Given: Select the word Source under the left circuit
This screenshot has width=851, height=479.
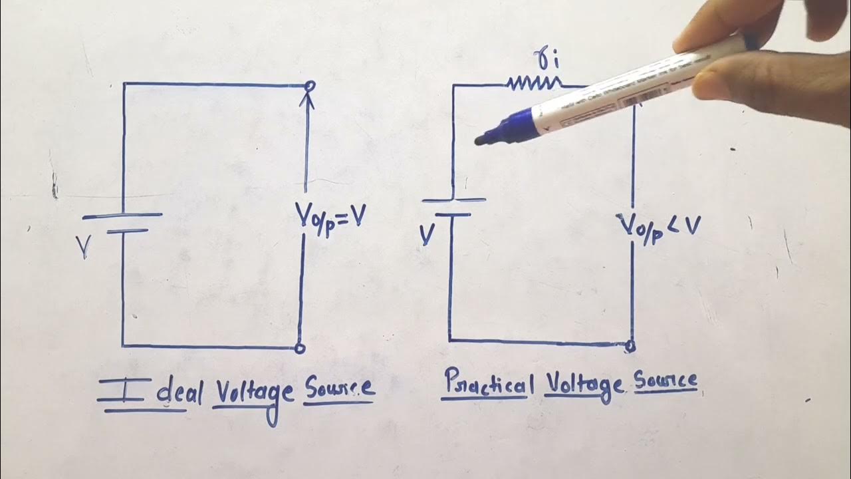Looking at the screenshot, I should pos(339,390).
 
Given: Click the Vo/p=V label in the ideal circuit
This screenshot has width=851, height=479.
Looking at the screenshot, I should pos(330,217).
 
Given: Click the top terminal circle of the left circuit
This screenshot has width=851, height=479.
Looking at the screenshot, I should pos(308,85).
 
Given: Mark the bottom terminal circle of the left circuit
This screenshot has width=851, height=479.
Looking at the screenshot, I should pos(300,347).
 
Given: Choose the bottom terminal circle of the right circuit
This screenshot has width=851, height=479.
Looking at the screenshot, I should pos(631,345).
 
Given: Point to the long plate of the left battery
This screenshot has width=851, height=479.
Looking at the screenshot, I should pos(122,216).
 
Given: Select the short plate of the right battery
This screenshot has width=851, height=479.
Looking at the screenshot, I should pos(453,215).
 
